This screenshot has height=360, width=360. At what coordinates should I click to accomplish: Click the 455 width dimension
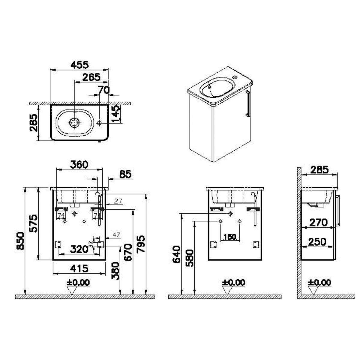pyautogui.click(x=79, y=65)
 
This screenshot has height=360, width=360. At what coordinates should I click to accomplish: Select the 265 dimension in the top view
pyautogui.click(x=91, y=77)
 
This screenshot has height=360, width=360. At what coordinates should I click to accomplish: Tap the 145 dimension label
pyautogui.click(x=116, y=114)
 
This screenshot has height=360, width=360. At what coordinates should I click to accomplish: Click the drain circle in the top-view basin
pyautogui.click(x=74, y=123)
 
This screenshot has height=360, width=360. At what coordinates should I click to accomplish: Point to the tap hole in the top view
pyautogui.click(x=99, y=123)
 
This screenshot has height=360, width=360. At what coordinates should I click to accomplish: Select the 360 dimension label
pyautogui.click(x=79, y=165)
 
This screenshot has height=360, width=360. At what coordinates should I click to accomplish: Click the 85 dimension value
pyautogui.click(x=125, y=174)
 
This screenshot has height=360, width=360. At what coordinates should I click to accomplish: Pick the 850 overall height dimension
pyautogui.click(x=20, y=241)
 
